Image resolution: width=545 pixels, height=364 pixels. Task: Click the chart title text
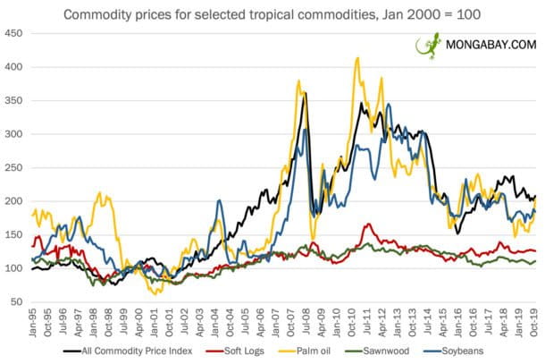click(272, 13)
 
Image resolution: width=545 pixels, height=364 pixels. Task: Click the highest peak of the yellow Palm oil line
click(357, 58)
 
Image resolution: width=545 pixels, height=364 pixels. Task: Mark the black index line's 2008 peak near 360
click(305, 93)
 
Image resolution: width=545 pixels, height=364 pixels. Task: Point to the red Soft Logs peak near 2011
click(368, 224)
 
